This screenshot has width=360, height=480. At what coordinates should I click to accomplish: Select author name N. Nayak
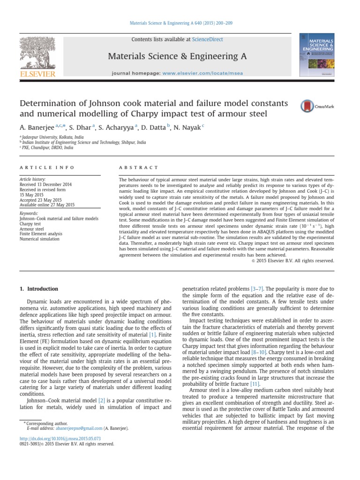tap(187, 127)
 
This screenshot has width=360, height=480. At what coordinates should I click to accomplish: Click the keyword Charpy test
tap(30, 224)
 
